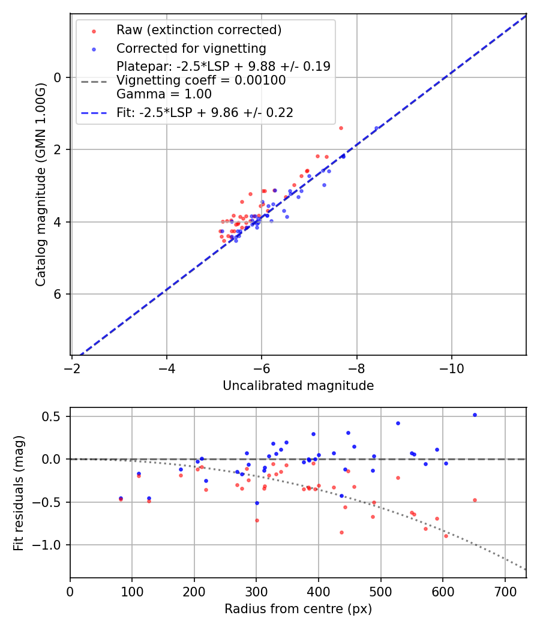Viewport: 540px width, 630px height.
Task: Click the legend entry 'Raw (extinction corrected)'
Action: coord(199,30)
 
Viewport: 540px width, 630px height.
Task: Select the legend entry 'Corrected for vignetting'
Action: coord(191,48)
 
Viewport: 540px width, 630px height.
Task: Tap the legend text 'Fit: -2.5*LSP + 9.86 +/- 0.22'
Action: coord(205,113)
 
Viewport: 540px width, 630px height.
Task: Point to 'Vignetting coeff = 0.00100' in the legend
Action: coord(201,80)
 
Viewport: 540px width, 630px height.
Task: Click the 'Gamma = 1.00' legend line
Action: coord(164,94)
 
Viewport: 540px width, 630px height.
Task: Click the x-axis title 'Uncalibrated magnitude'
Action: coord(298,386)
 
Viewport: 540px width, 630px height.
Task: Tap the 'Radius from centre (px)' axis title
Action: coord(298,609)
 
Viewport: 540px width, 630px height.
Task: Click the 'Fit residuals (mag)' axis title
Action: coord(19,493)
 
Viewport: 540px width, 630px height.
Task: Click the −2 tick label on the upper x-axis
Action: coord(72,368)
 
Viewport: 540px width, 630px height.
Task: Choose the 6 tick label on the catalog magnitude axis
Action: coord(58,294)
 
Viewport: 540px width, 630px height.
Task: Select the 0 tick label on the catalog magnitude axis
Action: coord(58,77)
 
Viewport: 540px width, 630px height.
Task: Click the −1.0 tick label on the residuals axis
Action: coord(50,545)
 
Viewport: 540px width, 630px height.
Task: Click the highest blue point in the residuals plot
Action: coord(475,415)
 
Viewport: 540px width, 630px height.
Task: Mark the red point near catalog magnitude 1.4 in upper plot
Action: coord(341,128)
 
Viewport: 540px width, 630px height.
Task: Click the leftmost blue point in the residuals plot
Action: coord(121,498)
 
